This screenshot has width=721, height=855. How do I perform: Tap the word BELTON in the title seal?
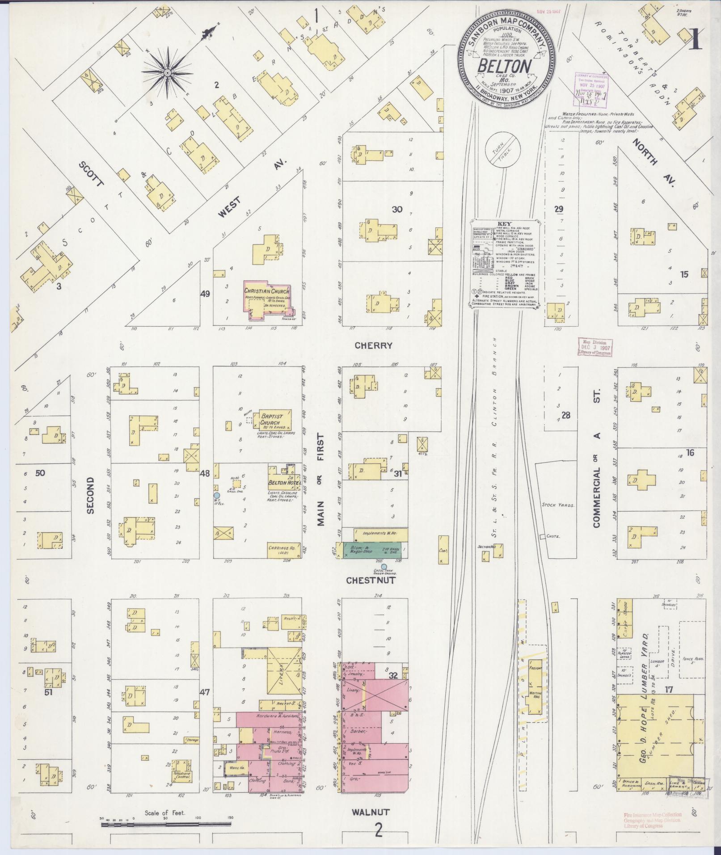[x=505, y=66]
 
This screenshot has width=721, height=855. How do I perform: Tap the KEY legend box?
[x=505, y=264]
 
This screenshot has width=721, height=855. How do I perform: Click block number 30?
[x=396, y=209]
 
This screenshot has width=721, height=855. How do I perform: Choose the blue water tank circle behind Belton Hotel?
[x=217, y=495]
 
